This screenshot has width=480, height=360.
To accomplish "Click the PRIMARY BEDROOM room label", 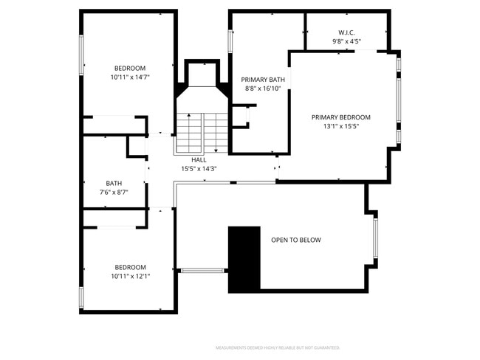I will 340,117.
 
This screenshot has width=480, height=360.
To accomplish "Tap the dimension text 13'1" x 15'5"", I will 340,127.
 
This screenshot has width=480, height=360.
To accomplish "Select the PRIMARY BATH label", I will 263,80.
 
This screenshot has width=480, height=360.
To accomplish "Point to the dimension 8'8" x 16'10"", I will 263,89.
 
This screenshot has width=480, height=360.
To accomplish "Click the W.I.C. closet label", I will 346,32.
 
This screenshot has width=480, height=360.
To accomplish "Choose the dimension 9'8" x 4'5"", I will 346,42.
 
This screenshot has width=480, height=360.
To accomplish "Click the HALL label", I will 199,159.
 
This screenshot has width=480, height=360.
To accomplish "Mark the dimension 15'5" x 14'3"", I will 199,169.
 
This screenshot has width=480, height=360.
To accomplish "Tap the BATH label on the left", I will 114,184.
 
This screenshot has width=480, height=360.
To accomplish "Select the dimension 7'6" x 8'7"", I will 114,193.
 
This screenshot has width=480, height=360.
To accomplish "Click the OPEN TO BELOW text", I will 296,240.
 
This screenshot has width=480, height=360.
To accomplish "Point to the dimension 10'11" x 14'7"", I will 130,77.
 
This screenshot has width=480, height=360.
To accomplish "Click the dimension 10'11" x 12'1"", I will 130,277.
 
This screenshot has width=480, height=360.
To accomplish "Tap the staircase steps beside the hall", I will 201,133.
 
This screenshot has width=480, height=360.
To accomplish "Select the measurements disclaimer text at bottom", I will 277,347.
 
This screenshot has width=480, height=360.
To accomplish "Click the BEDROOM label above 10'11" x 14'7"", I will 130,68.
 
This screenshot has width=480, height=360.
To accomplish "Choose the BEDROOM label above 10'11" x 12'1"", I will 130,267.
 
